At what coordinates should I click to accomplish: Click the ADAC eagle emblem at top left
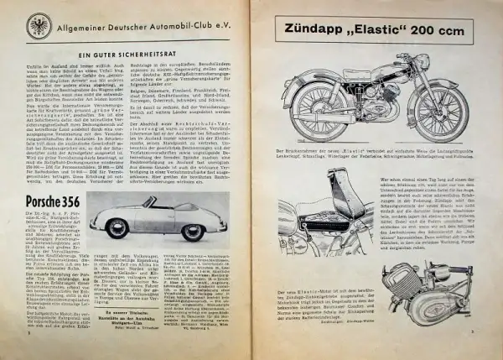[x=38, y=25]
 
